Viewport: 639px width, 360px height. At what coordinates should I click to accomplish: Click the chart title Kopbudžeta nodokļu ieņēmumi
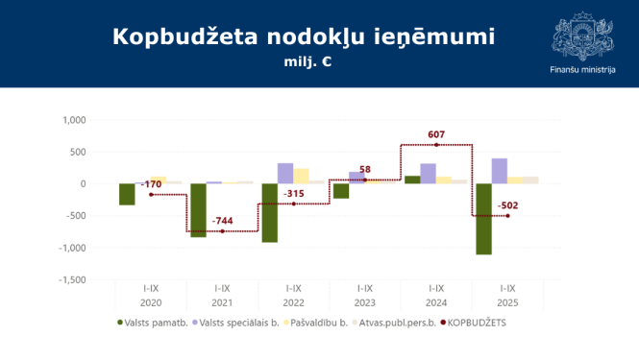coord(303,36)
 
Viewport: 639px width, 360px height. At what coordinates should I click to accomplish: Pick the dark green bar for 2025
coord(483,219)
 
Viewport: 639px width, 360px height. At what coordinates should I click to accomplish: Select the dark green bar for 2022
coord(270,212)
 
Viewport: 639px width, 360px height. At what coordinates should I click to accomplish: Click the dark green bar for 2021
coord(198,210)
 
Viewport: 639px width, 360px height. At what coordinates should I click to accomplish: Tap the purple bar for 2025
coord(500,171)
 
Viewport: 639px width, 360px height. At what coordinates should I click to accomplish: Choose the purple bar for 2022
coord(285,174)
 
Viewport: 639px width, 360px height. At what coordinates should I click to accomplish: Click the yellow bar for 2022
coord(302,176)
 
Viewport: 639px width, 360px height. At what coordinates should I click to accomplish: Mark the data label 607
coord(436,134)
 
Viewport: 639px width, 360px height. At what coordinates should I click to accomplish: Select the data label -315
coord(294,194)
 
